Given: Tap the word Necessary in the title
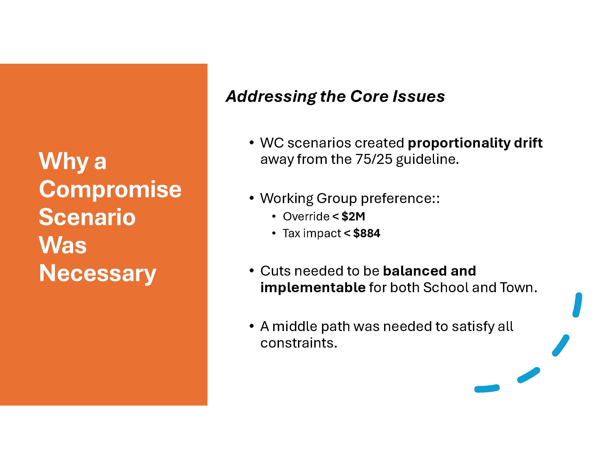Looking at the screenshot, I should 98,274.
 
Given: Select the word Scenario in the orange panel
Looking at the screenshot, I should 87,217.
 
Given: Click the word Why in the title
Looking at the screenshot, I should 63,162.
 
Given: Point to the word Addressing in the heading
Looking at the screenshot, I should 271,97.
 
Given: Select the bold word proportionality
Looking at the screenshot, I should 459,143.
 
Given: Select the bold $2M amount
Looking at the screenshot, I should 353,217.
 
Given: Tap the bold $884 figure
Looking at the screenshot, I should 366,233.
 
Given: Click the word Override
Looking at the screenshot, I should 306,217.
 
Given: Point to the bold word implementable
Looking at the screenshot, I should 313,288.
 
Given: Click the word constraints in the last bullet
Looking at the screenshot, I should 298,343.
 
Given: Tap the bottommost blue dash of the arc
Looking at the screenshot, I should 487,388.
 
